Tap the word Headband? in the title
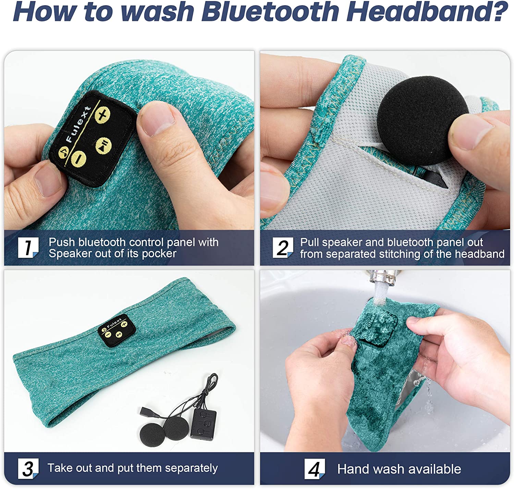(427, 12)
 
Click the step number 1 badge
(28, 248)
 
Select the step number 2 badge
(283, 248)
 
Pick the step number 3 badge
(28, 468)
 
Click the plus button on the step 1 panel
(102, 115)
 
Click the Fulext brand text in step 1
(78, 124)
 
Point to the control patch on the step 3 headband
(117, 331)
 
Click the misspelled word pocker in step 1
(159, 254)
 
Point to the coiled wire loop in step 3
(211, 384)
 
